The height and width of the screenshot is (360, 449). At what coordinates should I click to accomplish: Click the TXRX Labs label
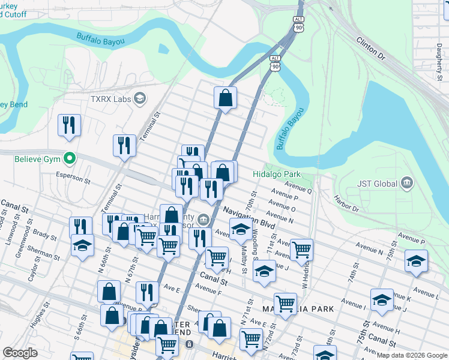click(x=110, y=98)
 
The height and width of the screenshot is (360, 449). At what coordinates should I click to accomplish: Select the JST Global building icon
click(x=407, y=182)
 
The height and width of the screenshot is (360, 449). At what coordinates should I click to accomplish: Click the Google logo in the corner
click(x=20, y=353)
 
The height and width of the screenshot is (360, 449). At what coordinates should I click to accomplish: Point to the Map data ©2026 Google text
click(x=411, y=355)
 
